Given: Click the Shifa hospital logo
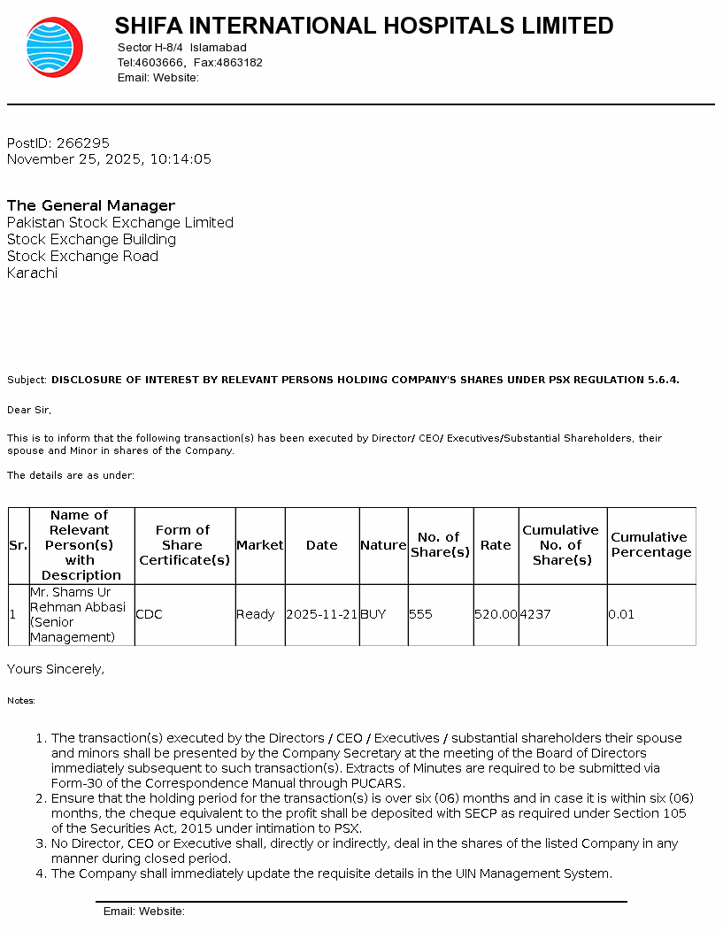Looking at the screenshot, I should point(54,47).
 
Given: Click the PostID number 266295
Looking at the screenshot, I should point(83,142).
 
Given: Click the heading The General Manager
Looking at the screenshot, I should point(91,205).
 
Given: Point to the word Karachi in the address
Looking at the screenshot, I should point(32,273).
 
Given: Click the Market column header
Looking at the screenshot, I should point(260,545).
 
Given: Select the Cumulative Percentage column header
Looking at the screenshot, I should point(651,544).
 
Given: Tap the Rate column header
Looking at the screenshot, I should point(496,545).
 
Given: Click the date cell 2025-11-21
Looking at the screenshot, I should point(322,614).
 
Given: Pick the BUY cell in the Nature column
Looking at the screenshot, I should point(373,614).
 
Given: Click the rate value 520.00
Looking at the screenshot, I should point(496,614).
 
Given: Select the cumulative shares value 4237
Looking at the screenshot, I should point(535,614).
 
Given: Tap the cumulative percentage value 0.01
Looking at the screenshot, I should point(621,614).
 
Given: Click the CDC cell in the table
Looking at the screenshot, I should point(150,614).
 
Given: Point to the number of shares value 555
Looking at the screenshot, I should point(420,614).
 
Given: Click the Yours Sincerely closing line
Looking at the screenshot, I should point(56,670).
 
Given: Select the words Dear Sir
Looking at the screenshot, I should point(28,410).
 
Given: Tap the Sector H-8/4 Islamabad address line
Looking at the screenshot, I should point(181,47).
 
